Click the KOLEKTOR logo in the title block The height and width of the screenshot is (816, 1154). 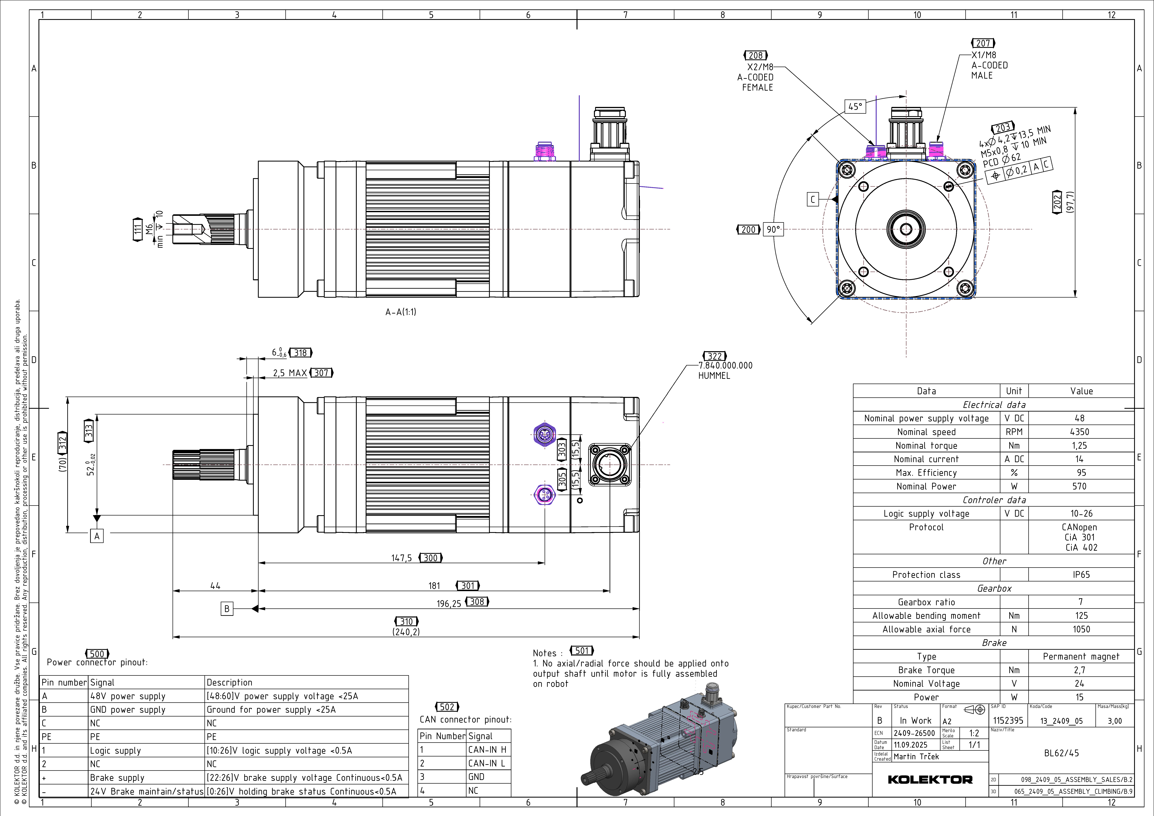click(930, 779)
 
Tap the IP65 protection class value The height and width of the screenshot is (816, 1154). click(1081, 575)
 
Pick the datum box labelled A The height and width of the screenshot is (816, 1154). click(97, 536)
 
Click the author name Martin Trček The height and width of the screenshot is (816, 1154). click(916, 756)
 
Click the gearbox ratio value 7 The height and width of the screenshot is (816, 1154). click(1081, 602)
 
